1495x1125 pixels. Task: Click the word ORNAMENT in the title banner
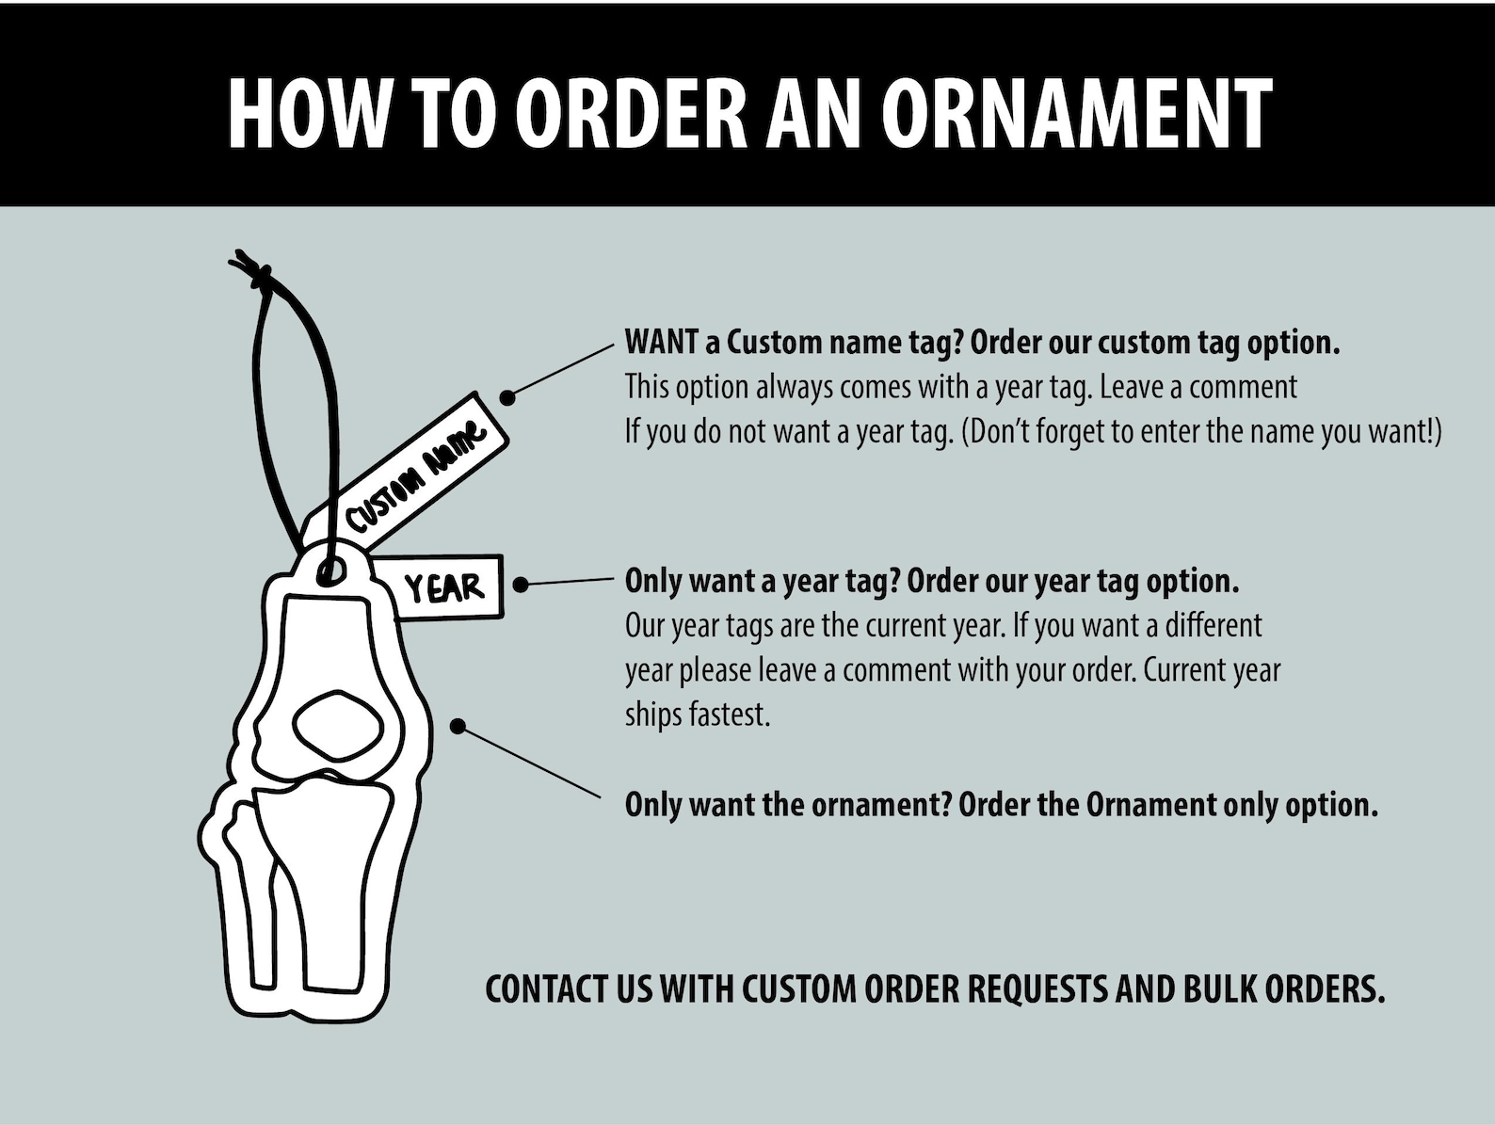click(1075, 112)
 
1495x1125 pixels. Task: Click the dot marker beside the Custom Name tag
click(507, 397)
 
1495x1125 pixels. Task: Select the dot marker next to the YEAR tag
click(521, 585)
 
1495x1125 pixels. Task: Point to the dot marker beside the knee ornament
click(458, 727)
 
